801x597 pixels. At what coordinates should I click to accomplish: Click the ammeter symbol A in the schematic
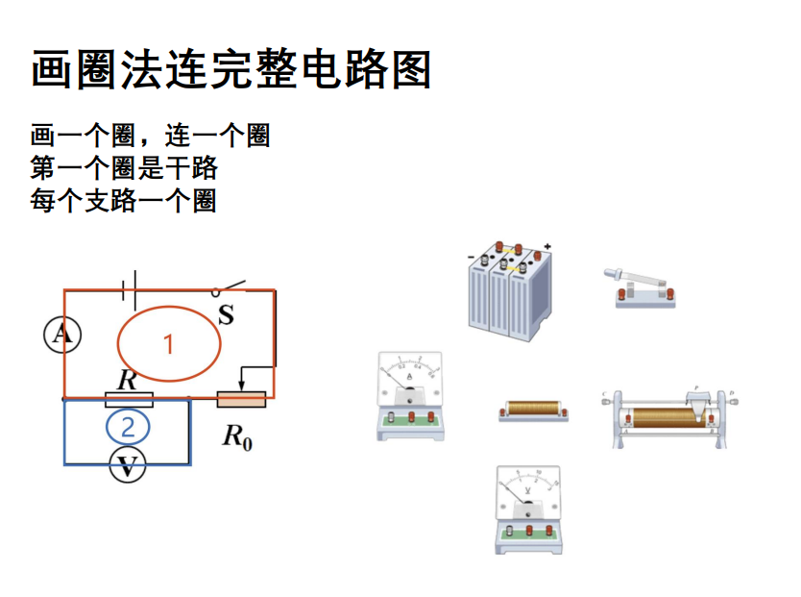62,334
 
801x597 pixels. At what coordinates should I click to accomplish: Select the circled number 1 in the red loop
169,343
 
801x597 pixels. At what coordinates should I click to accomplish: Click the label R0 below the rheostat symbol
237,437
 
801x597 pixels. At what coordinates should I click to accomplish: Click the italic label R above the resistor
127,381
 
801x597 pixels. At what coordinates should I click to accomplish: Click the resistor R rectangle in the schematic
129,399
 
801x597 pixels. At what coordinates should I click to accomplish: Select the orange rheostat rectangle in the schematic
241,399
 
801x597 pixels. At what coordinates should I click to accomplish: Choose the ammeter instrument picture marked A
411,396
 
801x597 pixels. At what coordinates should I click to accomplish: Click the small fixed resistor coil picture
533,410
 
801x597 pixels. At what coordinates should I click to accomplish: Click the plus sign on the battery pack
547,247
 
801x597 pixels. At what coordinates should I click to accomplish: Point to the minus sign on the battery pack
471,257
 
